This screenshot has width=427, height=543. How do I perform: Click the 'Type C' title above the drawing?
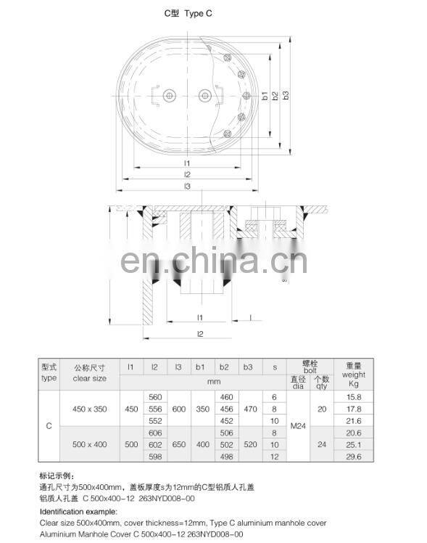[x=188, y=14]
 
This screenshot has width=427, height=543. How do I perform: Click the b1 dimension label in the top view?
[x=265, y=95]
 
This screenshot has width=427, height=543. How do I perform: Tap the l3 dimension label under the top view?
[x=186, y=187]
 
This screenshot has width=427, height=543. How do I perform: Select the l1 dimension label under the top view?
[x=186, y=163]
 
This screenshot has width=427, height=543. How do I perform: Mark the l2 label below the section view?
[x=200, y=333]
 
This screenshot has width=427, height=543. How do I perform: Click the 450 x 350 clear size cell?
[x=90, y=409]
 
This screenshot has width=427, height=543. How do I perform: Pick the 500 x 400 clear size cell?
[x=90, y=444]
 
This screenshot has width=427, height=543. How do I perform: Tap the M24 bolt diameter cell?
[x=298, y=426]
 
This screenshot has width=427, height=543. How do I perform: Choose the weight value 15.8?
[x=354, y=397]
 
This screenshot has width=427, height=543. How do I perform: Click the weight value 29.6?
[x=354, y=456]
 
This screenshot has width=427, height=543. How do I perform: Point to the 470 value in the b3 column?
[x=249, y=409]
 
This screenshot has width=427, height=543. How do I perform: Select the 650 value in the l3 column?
[x=178, y=444]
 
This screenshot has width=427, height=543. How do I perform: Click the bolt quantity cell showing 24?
[x=321, y=444]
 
